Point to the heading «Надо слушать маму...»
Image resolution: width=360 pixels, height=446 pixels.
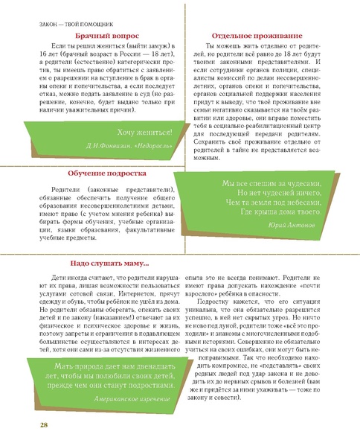pyautogui.click(x=110, y=262)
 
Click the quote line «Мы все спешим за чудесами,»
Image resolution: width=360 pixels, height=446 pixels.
pyautogui.click(x=271, y=183)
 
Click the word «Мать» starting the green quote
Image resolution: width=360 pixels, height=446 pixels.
pyautogui.click(x=67, y=345)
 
